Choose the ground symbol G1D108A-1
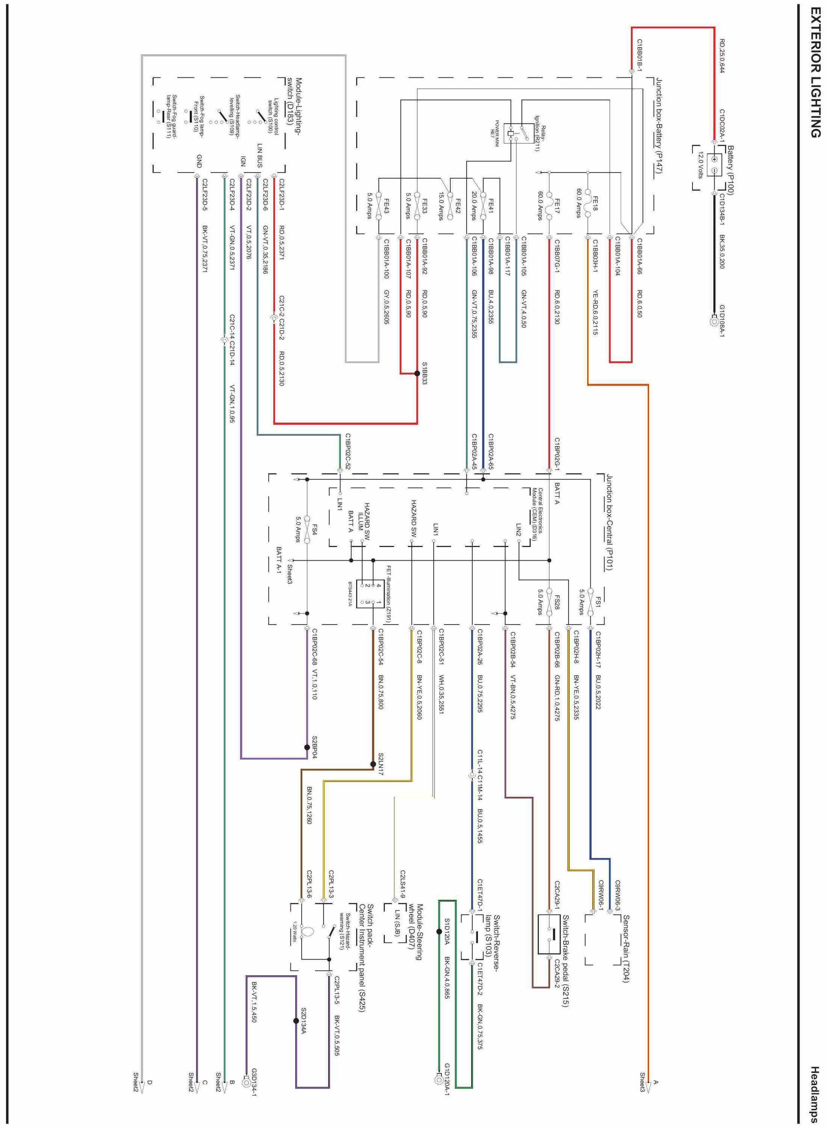tap(714, 321)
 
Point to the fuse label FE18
tap(595, 203)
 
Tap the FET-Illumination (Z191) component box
tap(369, 594)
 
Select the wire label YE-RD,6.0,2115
tap(595, 312)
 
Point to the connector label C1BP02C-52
tap(348, 451)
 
